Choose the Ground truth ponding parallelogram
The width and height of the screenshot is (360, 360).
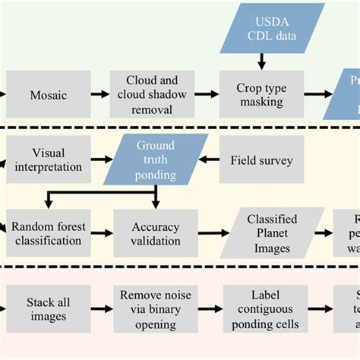coord(156,159)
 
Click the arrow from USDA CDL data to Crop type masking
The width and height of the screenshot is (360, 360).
coord(262,61)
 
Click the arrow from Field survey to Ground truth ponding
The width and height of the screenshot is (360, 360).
coord(209,159)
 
